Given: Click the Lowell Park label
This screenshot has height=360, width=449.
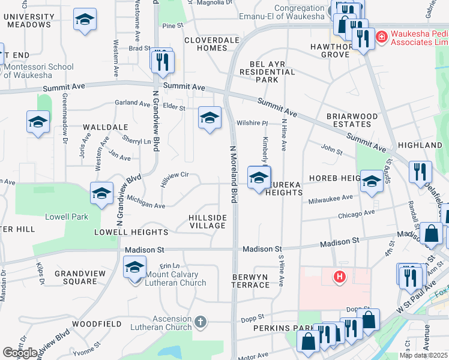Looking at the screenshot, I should tap(70, 217).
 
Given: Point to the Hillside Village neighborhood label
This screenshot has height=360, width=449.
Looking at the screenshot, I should tap(208, 221).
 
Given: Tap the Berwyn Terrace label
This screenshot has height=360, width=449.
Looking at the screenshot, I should tap(251, 280).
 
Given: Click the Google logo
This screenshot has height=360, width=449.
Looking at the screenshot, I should tap(20, 352).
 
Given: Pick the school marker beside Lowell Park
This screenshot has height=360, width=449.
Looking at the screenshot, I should tap(101, 193).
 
